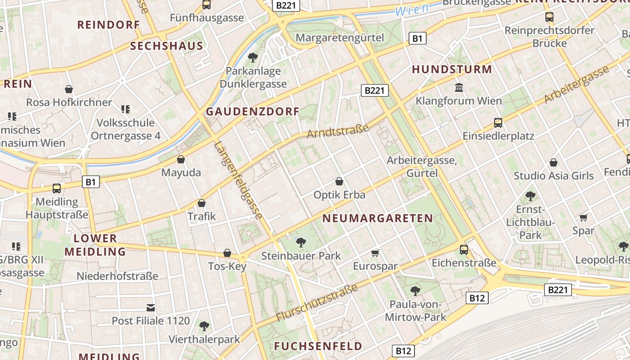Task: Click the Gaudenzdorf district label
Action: pyautogui.click(x=252, y=112)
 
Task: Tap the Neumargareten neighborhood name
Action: pyautogui.click(x=378, y=218)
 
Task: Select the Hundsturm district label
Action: pyautogui.click(x=452, y=69)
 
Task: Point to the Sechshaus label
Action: pyautogui.click(x=166, y=46)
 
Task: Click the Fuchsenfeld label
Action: pyautogui.click(x=318, y=346)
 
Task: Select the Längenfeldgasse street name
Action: pyautogui.click(x=238, y=180)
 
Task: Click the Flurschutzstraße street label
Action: pyautogui.click(x=317, y=302)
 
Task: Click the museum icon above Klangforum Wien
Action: pyautogui.click(x=459, y=87)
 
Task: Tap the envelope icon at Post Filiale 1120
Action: pyautogui.click(x=151, y=308)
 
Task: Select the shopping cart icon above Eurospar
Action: pyautogui.click(x=375, y=253)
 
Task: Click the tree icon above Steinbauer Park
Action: pyautogui.click(x=301, y=243)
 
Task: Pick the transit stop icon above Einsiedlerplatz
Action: pyautogui.click(x=498, y=122)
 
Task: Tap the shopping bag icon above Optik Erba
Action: pyautogui.click(x=339, y=181)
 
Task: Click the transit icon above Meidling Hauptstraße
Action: pyautogui.click(x=57, y=188)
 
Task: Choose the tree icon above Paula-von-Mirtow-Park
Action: pyautogui.click(x=415, y=291)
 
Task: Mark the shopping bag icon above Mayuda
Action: pyautogui.click(x=181, y=159)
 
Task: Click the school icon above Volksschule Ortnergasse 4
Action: pyautogui.click(x=126, y=109)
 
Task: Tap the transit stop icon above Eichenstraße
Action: pyautogui.click(x=464, y=249)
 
